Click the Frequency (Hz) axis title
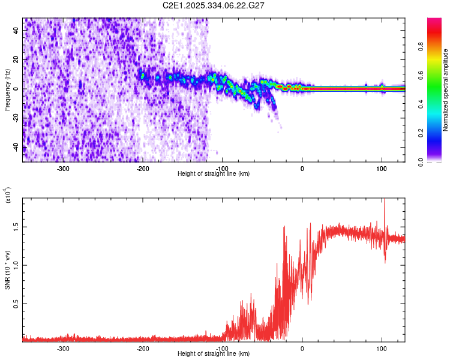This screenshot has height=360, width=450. tap(7, 90)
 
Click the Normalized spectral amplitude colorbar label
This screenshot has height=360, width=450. tap(446, 90)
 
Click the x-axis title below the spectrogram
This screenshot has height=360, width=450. tap(214, 173)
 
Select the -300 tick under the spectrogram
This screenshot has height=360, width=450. tap(64, 168)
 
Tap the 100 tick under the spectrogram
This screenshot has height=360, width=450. tap(382, 168)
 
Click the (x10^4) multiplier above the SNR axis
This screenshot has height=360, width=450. tap(8, 195)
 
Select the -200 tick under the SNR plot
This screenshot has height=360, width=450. tap(143, 348)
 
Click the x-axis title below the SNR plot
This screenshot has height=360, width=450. tap(214, 353)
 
